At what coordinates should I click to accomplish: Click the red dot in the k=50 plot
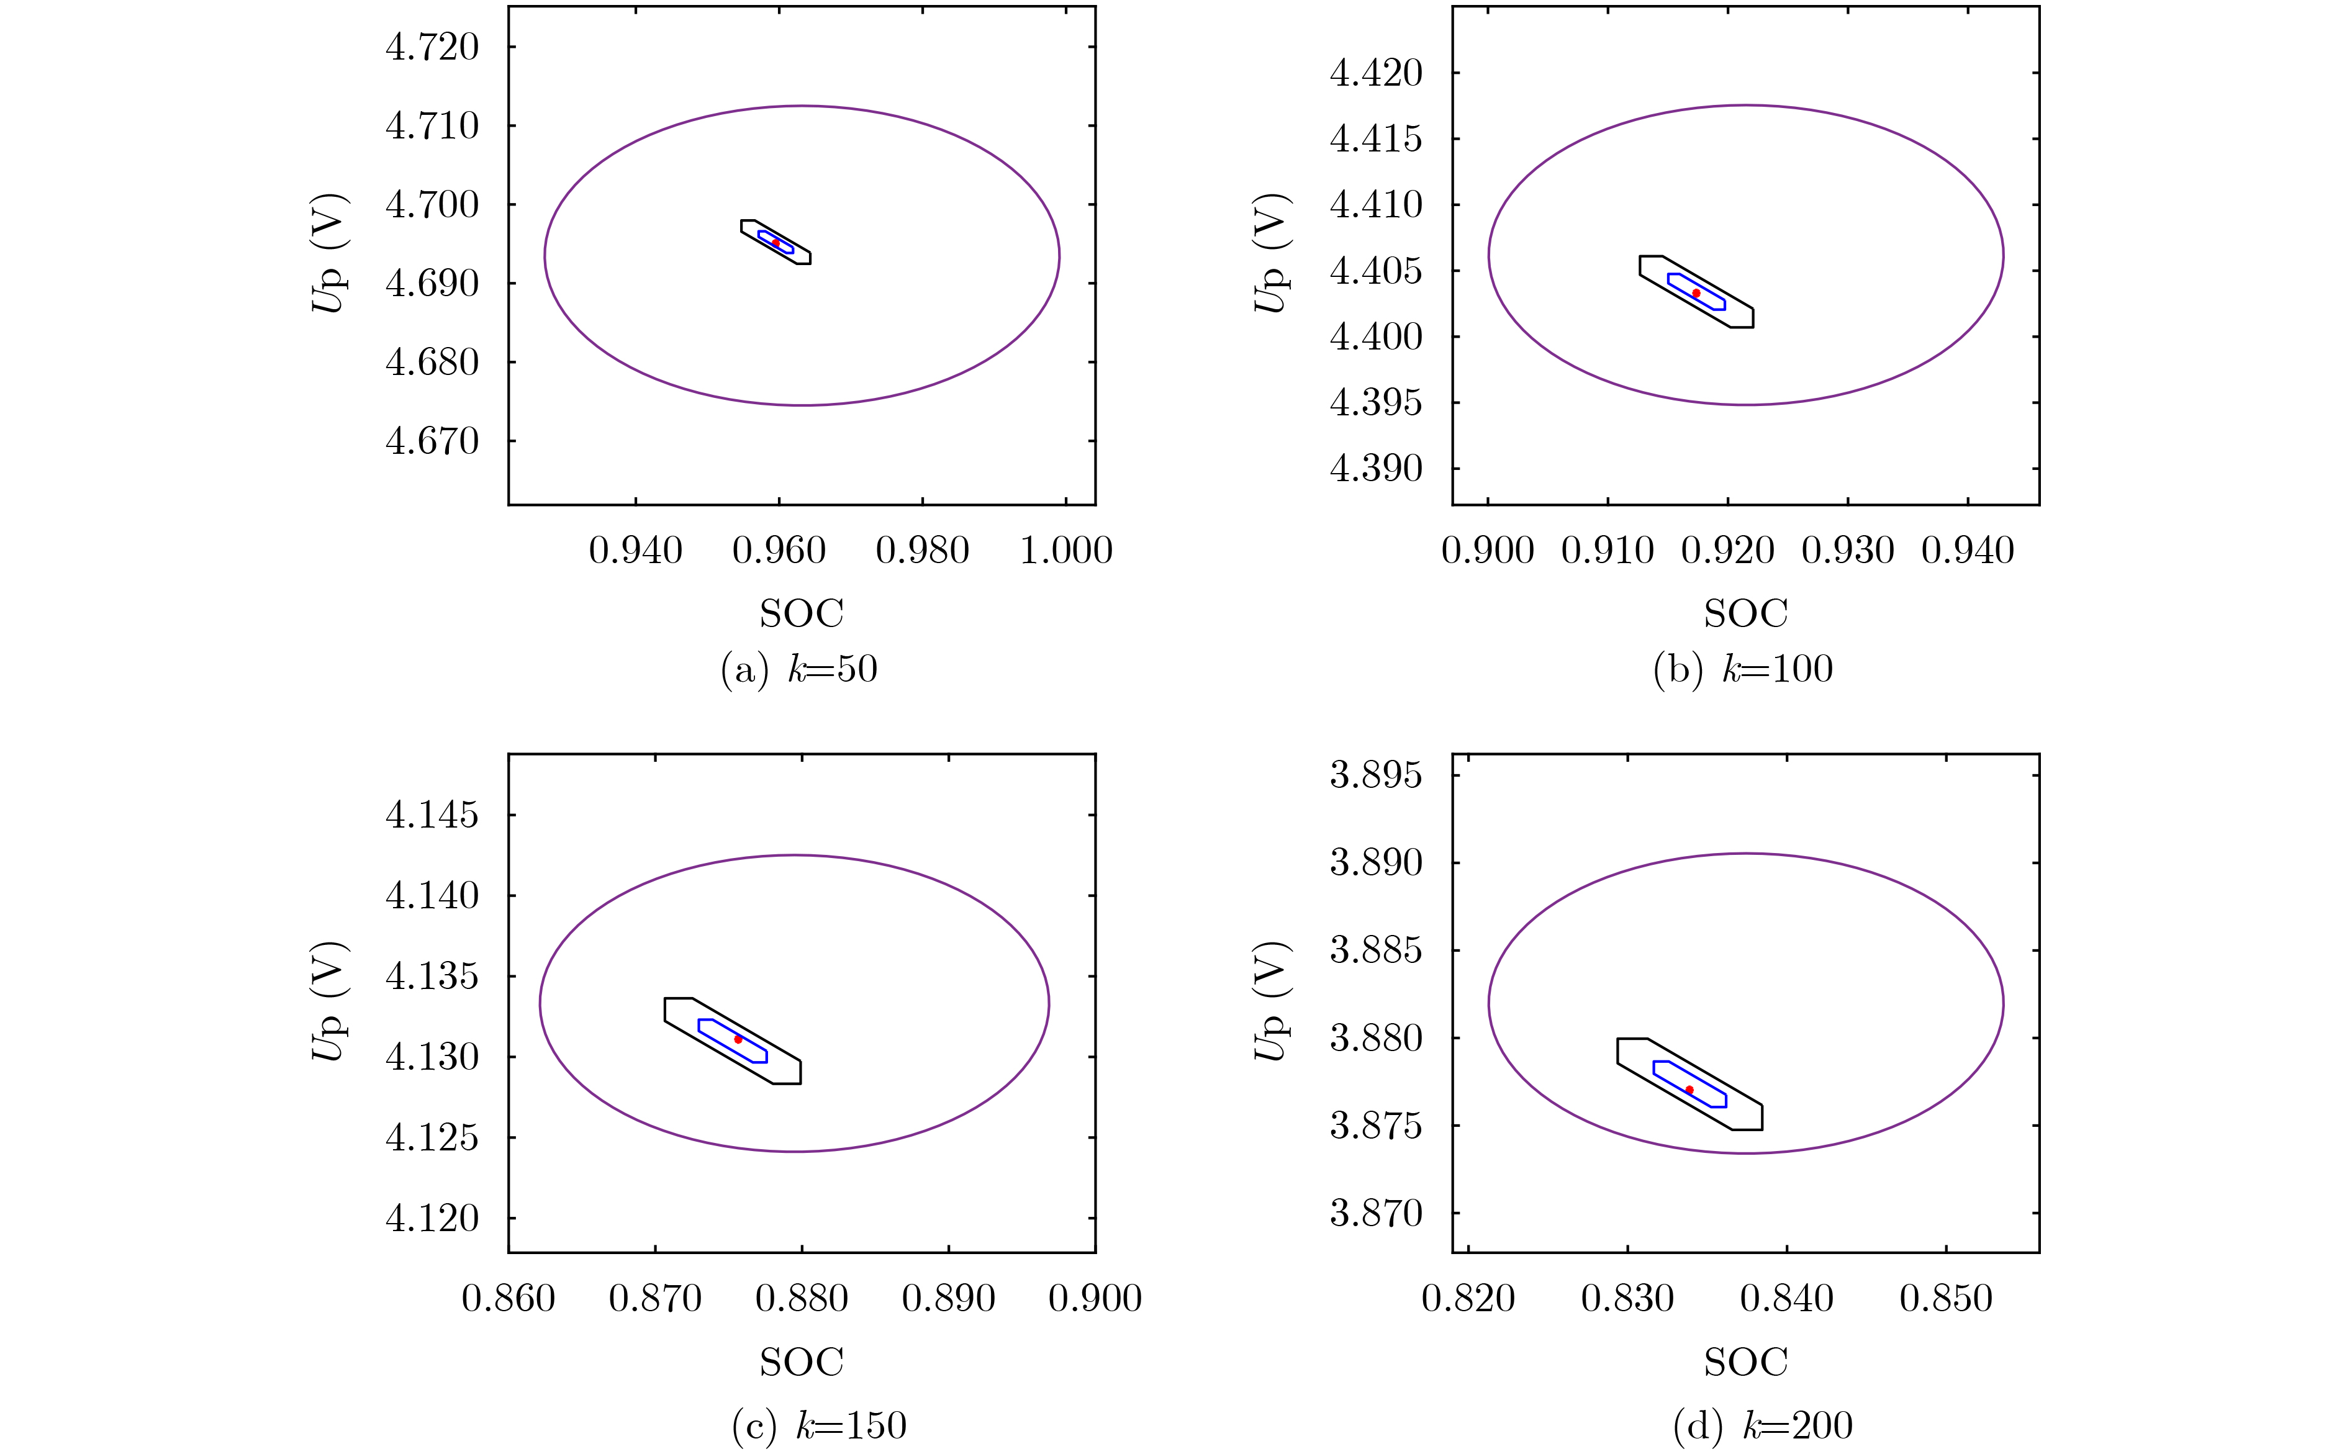pos(776,242)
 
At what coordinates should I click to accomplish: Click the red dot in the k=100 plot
pos(1696,292)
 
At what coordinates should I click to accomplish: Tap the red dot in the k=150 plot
pos(738,1039)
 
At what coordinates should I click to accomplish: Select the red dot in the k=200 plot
pos(1689,1090)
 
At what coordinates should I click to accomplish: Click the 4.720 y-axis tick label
pos(432,47)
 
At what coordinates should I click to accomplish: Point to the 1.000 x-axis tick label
pos(1065,551)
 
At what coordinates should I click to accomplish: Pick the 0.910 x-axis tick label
pos(1608,551)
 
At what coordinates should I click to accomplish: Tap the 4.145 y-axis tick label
pos(432,816)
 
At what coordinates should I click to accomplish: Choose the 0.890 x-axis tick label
pos(948,1299)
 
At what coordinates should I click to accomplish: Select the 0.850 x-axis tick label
pos(1946,1299)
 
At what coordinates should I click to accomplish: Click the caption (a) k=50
pos(799,669)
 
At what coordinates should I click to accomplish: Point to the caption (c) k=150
pos(819,1426)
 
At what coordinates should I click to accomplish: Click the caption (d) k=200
pos(1762,1426)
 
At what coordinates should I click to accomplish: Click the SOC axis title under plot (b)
pos(1745,613)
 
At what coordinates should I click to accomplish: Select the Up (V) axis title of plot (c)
pos(328,1002)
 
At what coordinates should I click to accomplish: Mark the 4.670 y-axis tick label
pos(432,441)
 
